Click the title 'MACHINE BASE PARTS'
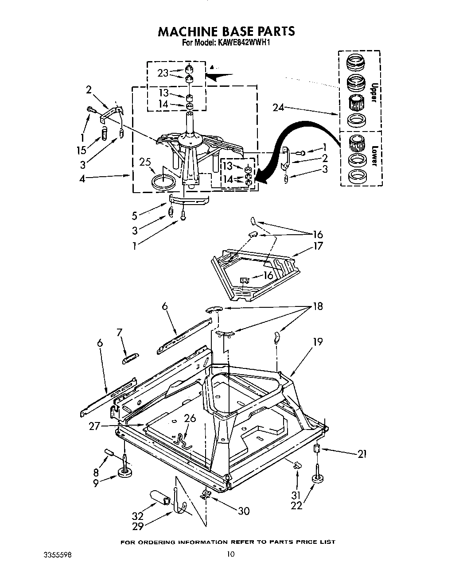[x=226, y=31]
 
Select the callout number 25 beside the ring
[x=145, y=162]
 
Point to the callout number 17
[x=318, y=246]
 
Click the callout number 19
[x=317, y=341]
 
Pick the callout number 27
[x=94, y=426]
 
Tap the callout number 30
[x=243, y=511]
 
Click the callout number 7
[x=119, y=332]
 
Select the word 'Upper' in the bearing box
[x=373, y=93]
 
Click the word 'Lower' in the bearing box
[x=373, y=156]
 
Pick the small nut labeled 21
[x=316, y=449]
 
